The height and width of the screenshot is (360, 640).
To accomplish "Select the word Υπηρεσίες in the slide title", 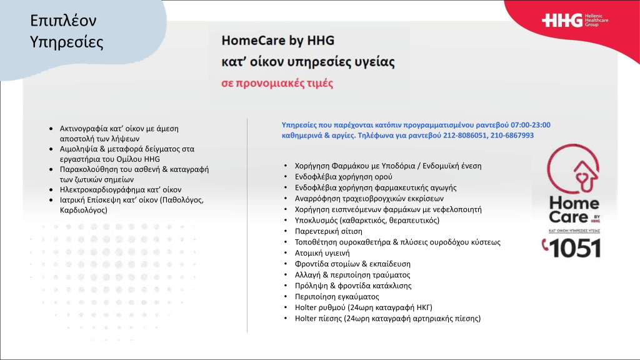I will pyautogui.click(x=67, y=42).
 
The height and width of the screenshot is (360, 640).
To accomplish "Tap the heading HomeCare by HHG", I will pyautogui.click(x=278, y=41).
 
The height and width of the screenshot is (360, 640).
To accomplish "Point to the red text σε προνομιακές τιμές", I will pyautogui.click(x=277, y=83).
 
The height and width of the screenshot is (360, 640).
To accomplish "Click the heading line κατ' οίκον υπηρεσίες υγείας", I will pyautogui.click(x=308, y=62).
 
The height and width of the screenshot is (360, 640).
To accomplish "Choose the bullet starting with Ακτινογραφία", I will pyautogui.click(x=119, y=133).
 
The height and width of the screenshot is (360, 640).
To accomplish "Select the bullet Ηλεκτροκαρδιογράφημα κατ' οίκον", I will pyautogui.click(x=121, y=189).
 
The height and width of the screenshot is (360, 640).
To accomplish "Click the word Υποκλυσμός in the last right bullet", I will pyautogui.click(x=316, y=220).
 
